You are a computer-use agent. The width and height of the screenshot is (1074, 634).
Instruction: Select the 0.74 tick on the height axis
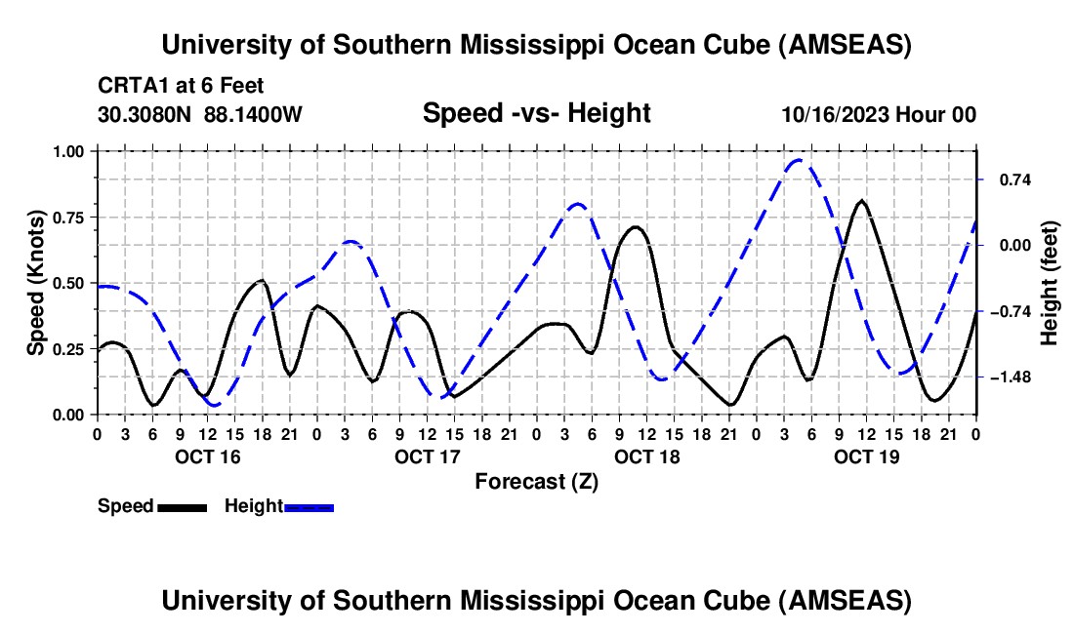[1005, 179]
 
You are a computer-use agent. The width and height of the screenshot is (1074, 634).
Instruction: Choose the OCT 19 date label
[867, 456]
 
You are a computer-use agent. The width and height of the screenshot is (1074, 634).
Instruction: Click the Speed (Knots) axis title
[36, 283]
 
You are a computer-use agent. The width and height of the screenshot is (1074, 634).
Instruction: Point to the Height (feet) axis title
[1050, 283]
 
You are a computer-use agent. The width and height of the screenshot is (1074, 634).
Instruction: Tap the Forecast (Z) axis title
[536, 481]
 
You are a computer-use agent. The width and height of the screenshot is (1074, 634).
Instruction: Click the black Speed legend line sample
[182, 507]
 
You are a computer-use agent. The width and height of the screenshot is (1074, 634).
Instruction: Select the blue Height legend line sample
[310, 507]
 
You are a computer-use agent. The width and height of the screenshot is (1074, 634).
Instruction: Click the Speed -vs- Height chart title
[536, 114]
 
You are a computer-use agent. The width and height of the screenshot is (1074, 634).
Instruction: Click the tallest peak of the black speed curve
[860, 201]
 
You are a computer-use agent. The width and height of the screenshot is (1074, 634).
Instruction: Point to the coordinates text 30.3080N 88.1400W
[200, 114]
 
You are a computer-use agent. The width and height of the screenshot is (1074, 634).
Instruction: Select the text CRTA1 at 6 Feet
[181, 86]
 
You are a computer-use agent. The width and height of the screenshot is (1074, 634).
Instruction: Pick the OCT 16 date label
[208, 456]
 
